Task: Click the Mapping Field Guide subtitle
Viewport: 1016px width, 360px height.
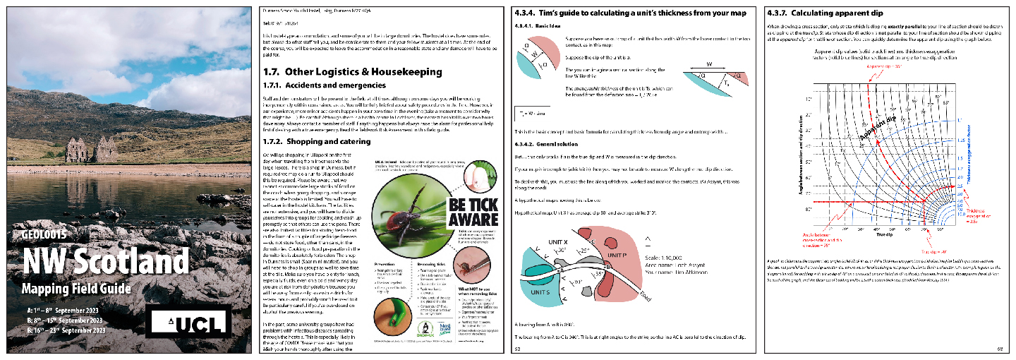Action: pyautogui.click(x=76, y=288)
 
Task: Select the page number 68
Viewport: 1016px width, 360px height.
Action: pyautogui.click(x=1000, y=348)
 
